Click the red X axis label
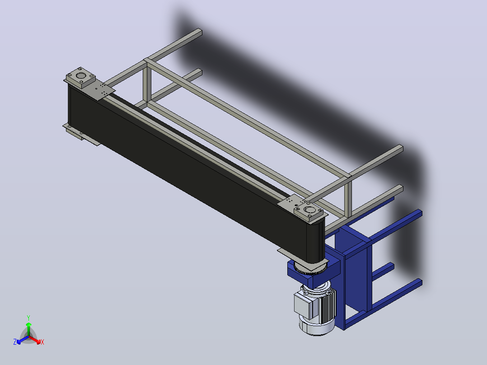[42, 342]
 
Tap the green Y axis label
[28, 318]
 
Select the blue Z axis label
[15, 342]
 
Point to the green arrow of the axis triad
[28, 329]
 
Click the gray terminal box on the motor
[305, 306]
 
